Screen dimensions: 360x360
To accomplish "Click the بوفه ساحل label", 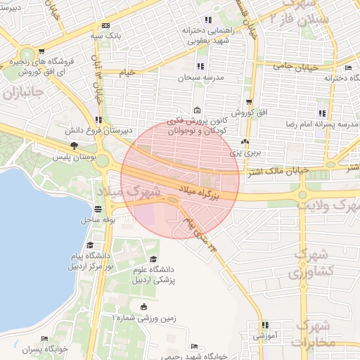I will [100, 221].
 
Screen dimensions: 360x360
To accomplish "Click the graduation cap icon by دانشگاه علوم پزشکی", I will [153, 259].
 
